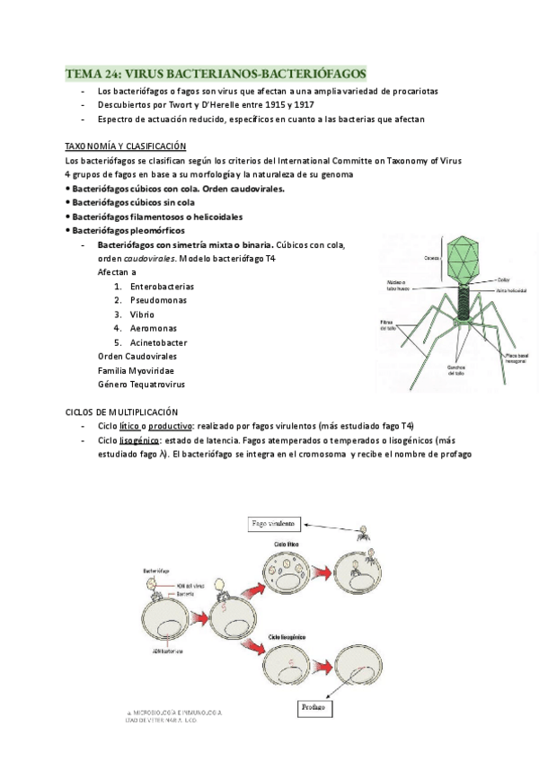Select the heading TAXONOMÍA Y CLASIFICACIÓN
click(125, 146)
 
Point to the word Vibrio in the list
click(143, 315)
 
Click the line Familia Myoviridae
click(136, 370)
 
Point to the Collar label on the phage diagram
click(504, 280)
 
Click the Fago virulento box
click(279, 523)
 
